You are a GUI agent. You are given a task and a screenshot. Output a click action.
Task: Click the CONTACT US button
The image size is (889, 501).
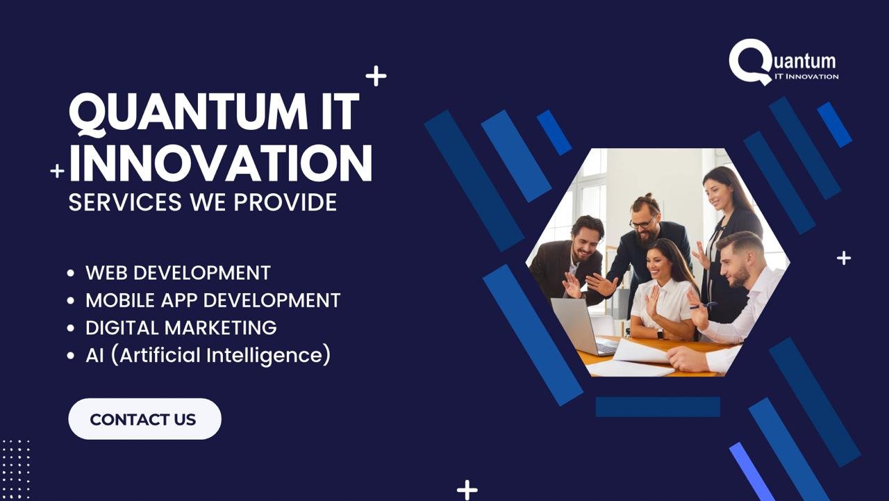point(144,419)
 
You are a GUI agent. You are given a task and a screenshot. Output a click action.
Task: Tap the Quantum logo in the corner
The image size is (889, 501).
point(783,62)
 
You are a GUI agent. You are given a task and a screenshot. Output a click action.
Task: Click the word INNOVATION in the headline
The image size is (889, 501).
point(221,163)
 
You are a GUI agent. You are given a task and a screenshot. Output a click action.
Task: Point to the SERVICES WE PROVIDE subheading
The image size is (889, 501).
point(202,202)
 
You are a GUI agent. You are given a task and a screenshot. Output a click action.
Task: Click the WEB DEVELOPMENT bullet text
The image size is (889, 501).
point(178,272)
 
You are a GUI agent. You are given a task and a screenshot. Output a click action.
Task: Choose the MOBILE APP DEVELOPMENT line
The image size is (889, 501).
point(213,300)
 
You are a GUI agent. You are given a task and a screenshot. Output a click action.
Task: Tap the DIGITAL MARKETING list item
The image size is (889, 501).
point(181,327)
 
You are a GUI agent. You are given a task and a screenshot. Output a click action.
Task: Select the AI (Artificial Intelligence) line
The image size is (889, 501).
point(208,354)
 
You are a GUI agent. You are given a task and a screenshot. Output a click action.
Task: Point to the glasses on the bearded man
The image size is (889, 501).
point(642,224)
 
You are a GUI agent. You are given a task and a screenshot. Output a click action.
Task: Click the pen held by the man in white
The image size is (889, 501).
point(704,306)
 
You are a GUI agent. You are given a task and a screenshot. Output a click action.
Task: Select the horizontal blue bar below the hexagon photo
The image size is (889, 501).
point(658,406)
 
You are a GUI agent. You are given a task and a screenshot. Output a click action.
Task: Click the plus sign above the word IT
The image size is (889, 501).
point(376,76)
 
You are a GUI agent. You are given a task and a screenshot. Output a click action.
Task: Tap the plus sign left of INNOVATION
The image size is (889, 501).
point(57,171)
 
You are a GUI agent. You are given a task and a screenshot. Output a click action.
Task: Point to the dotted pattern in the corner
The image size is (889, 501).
point(15,470)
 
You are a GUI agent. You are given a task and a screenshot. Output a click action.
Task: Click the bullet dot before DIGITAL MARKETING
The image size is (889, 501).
point(71,328)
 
